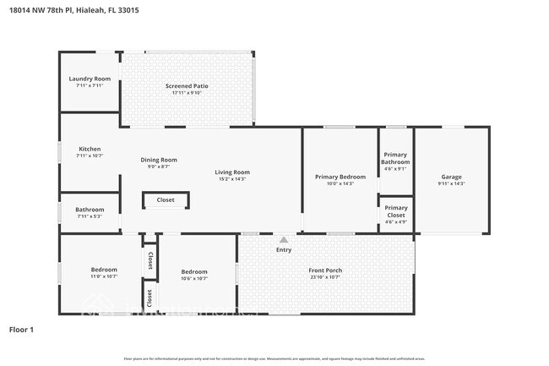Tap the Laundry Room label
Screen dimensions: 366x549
point(90,79)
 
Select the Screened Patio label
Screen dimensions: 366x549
point(190,86)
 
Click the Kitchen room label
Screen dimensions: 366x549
point(90,150)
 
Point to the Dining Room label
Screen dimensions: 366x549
point(159,160)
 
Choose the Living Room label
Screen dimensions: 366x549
point(232,172)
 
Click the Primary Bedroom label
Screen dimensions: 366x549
point(340,177)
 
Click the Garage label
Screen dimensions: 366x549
point(451,177)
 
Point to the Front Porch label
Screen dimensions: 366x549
point(325,270)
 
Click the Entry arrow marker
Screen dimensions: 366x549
point(284,240)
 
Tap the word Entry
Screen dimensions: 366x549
point(284,249)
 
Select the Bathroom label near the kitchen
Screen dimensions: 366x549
point(90,210)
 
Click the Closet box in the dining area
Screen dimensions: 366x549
point(166,200)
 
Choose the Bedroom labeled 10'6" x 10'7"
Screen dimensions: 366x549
point(194,271)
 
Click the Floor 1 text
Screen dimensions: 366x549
point(21,329)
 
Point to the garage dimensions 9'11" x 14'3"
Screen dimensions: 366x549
point(451,183)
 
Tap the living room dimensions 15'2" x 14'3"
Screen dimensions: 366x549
point(232,178)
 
